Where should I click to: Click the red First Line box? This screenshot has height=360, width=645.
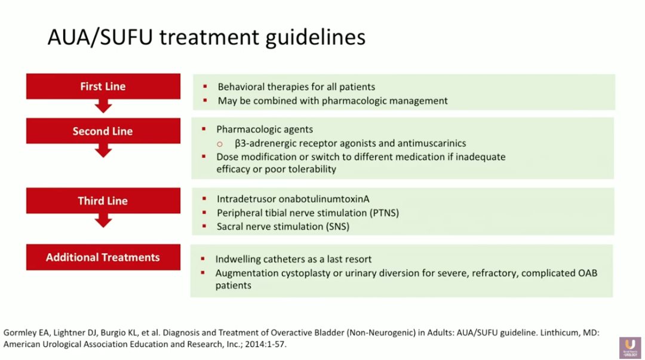click(103, 87)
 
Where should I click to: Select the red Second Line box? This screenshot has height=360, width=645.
click(103, 131)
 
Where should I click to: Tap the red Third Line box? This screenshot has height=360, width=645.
click(103, 201)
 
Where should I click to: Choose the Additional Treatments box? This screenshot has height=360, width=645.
click(103, 257)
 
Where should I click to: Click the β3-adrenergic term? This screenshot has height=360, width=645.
click(269, 143)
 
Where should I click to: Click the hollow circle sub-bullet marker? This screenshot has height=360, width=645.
click(220, 144)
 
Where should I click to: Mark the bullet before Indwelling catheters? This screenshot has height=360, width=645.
click(204, 259)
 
